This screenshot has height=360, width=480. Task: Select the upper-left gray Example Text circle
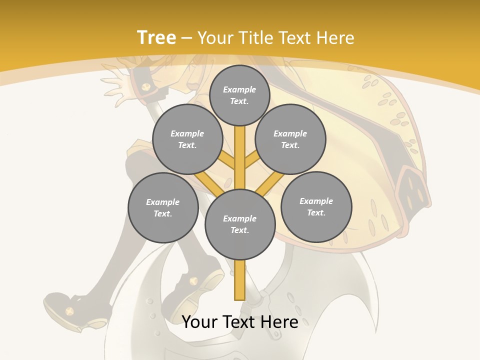pos(187,139)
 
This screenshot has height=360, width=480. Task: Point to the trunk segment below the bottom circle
pos(240,280)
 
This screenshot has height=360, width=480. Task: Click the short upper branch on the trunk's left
pos(228,161)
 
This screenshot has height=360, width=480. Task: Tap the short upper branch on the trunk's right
pos(251,161)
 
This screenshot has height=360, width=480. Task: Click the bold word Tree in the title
pos(156,37)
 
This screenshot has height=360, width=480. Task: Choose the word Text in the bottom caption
pos(240,322)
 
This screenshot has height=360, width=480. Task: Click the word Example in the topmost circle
pos(239,89)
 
